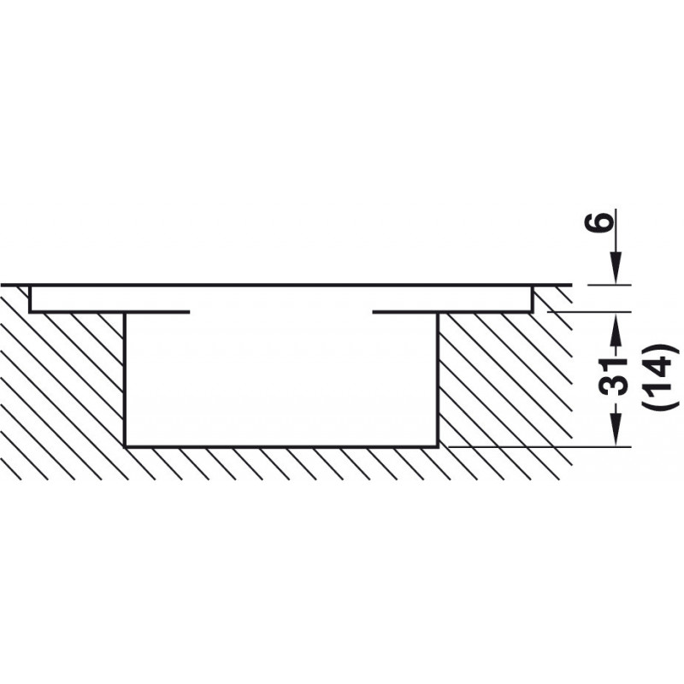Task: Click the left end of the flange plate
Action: point(31,298)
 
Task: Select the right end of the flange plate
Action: point(531,298)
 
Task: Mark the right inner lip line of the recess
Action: point(405,311)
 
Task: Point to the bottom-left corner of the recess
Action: point(126,445)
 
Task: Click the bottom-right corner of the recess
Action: point(438,445)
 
